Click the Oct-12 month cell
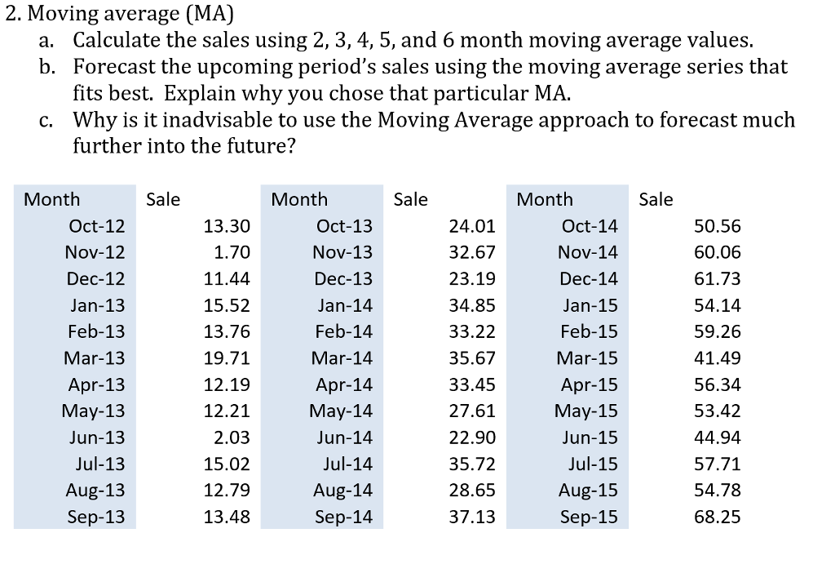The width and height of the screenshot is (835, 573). [x=96, y=226]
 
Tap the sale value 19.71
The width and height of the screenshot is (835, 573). [x=227, y=358]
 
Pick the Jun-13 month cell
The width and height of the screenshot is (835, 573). [x=96, y=438]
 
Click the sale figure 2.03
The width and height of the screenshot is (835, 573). [x=232, y=438]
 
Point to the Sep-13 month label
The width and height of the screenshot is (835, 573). [x=96, y=517]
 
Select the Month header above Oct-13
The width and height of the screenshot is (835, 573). [x=299, y=199]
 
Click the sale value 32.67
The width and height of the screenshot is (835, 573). [x=472, y=252]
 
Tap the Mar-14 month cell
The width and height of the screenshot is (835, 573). [x=342, y=358]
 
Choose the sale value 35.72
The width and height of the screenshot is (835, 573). [x=472, y=464]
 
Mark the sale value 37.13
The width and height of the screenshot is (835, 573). [x=472, y=517]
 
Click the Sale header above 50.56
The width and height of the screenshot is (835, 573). [x=656, y=199]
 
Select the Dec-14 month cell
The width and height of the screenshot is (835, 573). [x=588, y=279]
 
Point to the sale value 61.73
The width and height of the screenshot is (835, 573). [x=717, y=279]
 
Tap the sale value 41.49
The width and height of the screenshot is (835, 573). [x=717, y=358]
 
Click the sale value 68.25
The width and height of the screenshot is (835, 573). [x=717, y=517]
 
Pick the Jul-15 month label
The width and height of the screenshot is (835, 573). [x=593, y=464]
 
